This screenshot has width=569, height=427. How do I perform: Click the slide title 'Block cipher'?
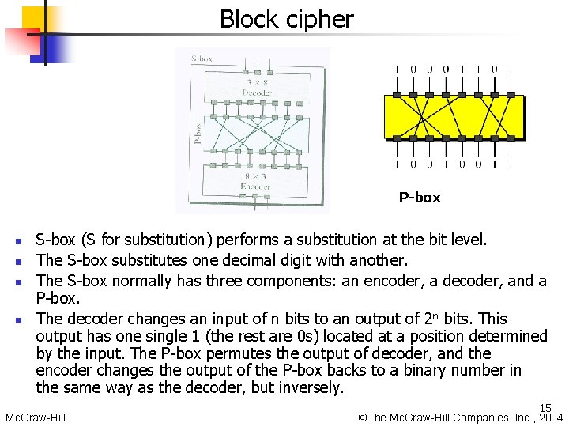(x=286, y=19)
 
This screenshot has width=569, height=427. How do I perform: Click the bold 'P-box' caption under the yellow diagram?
(x=420, y=198)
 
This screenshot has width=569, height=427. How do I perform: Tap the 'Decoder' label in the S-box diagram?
(x=257, y=93)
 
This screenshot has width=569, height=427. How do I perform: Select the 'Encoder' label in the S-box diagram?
(x=255, y=187)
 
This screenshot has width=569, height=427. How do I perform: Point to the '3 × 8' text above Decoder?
(x=257, y=82)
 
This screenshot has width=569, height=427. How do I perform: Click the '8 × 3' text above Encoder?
(x=255, y=177)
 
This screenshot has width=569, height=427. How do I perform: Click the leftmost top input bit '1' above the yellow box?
(x=397, y=70)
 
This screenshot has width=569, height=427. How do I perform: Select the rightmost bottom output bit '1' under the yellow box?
(x=511, y=164)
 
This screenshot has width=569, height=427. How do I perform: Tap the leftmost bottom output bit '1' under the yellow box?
(x=397, y=164)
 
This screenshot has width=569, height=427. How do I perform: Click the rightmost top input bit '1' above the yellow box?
(x=511, y=70)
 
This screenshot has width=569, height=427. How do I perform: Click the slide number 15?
(x=545, y=408)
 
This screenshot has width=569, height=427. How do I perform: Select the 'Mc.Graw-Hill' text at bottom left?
(x=35, y=418)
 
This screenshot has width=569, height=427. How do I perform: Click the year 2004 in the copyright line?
(x=551, y=418)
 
